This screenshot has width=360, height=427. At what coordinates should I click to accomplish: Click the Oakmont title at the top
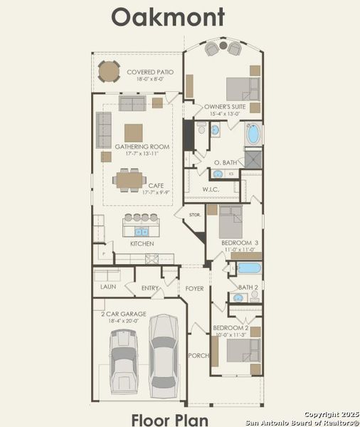point(168,17)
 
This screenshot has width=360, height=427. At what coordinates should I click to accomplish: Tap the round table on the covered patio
point(108,71)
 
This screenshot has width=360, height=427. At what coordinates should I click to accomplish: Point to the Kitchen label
point(142,244)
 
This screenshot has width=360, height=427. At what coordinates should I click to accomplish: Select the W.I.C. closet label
point(210,189)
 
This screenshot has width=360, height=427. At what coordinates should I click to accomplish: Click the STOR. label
point(194,214)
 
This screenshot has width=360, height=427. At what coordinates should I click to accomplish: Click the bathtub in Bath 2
point(249,269)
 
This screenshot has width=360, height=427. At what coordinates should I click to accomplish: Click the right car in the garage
point(163,350)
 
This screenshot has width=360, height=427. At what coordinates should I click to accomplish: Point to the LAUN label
point(108,287)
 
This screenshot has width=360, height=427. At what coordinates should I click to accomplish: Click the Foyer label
point(194,289)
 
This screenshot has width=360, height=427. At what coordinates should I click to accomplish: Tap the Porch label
point(197,355)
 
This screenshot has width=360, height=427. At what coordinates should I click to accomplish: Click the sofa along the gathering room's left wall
point(104,130)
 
